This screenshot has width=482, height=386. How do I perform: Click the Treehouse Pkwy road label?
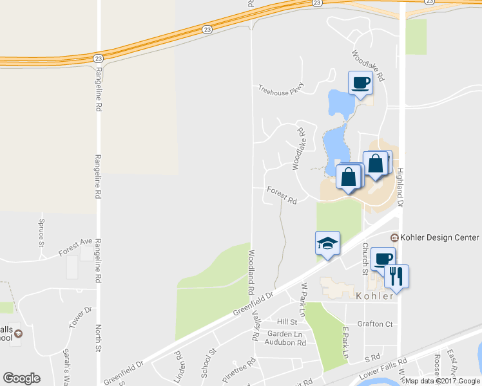pos(281,90)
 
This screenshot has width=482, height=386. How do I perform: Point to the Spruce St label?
pos(41,233)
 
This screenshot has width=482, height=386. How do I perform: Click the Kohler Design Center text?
pos(439,237)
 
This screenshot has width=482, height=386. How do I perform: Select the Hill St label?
pos(286,322)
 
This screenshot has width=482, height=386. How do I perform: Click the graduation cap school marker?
pos(327,244)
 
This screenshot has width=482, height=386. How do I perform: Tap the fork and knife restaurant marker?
pos(396,276)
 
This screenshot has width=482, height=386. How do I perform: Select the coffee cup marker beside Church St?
pos(383,259)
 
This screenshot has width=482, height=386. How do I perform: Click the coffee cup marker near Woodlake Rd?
pos(360,82)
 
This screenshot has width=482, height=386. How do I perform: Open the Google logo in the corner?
pos(21,378)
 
